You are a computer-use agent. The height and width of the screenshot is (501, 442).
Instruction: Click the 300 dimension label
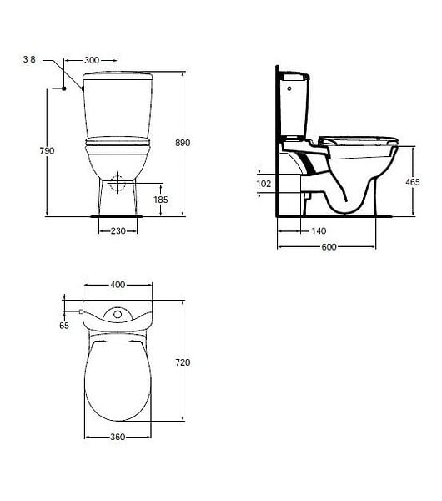coord(92,60)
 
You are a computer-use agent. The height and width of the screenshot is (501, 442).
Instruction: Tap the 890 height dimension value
coord(183,143)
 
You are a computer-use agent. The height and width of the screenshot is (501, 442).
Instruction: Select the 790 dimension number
coord(47,150)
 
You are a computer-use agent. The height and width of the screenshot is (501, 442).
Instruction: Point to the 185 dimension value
coord(160,200)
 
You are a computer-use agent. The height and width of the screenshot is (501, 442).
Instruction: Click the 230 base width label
coord(118,230)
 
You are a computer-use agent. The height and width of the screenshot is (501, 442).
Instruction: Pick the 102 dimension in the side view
coord(264,184)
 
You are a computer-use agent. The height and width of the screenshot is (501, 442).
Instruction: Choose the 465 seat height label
coord(413,182)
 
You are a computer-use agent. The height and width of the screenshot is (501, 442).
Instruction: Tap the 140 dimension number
coord(319,230)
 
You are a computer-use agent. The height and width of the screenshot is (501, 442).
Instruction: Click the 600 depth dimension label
coord(329,246)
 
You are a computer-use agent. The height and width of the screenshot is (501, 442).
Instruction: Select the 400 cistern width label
coord(118,285)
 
